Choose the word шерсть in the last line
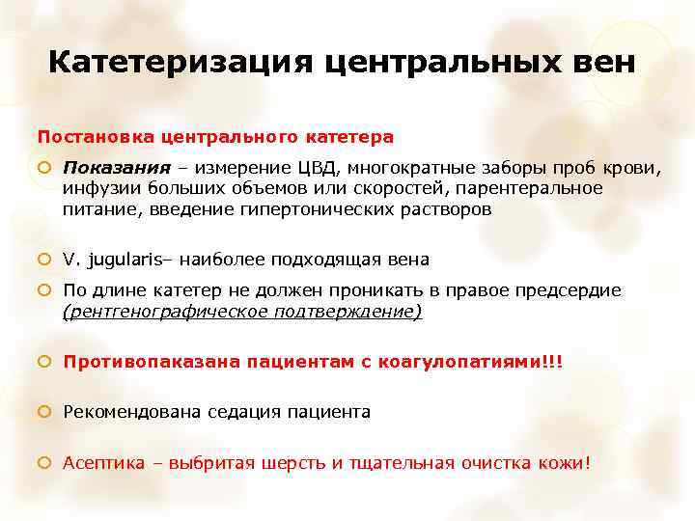pos(290,463)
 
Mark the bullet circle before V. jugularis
pos(44,260)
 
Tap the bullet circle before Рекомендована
pos(44,412)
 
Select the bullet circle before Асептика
pos(44,463)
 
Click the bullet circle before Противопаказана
pos(44,362)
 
